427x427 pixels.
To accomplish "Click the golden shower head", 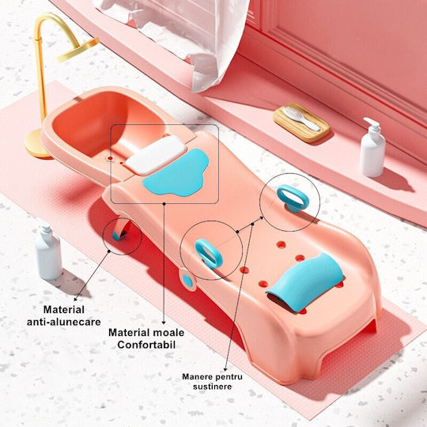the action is tap(78, 50).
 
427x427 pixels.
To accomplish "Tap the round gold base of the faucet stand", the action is tap(36, 144).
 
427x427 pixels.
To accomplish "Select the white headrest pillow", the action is tap(156, 155).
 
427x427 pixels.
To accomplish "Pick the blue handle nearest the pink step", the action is tap(293, 198).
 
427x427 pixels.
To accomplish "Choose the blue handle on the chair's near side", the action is tap(209, 254).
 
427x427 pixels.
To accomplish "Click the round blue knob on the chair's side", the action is tap(187, 281).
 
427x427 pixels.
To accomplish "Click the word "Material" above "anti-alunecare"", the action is tap(64, 310).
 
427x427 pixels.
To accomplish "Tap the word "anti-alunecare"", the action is tap(64, 322).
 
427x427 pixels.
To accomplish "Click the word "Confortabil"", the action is tap(146, 345).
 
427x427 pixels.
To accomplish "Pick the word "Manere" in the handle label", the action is tap(195, 376).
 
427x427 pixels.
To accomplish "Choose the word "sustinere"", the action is tap(213, 387).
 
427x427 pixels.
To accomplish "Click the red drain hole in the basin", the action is tap(110, 158).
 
